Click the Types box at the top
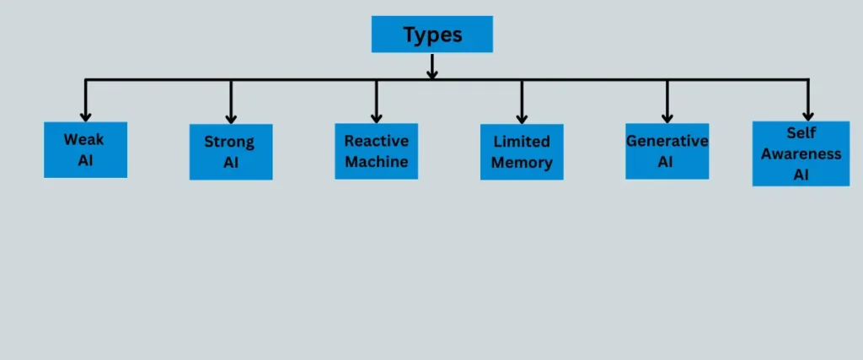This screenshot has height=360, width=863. [x=431, y=35]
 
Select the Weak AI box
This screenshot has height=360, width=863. [x=85, y=149]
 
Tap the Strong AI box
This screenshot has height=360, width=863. [x=231, y=152]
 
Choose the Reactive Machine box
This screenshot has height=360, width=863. [x=376, y=151]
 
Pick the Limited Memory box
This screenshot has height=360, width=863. [x=522, y=152]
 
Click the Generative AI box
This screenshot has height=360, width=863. [x=667, y=151]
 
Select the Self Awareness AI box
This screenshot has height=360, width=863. [x=801, y=153]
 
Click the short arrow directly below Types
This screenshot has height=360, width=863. [x=431, y=66]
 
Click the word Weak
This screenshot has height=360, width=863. [x=84, y=140]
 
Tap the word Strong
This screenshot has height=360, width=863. [x=229, y=142]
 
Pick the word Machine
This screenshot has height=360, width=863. [x=376, y=161]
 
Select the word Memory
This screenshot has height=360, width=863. [x=522, y=163]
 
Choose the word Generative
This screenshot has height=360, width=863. [x=667, y=141]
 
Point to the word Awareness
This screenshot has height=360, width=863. [x=801, y=153]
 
